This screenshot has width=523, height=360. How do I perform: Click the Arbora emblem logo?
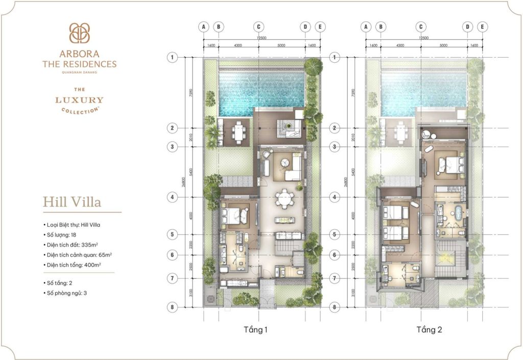coord(79,33)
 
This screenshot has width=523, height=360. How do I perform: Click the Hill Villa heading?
coord(72,202)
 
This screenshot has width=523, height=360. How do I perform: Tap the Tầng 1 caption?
coord(256,330)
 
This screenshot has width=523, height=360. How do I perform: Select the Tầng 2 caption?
coord(429,330)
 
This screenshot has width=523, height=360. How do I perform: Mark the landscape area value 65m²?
coord(104,254)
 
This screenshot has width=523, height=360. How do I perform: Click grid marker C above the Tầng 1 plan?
coord(258,27)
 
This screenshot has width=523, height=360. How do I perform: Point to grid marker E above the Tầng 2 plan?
coord(482,27)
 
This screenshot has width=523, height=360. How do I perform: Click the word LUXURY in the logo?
coord(79,101)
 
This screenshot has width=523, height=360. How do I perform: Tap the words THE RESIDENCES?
coord(79,64)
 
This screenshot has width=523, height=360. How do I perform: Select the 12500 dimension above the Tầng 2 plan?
coord(423,38)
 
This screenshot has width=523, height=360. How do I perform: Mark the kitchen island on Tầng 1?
coord(283,220)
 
